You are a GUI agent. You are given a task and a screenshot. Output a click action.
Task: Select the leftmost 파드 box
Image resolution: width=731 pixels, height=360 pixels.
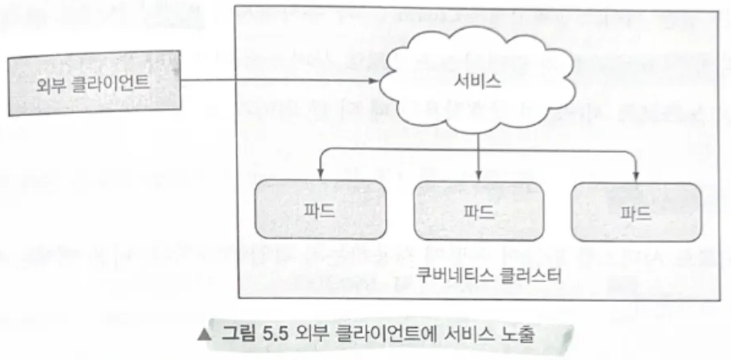[320, 210]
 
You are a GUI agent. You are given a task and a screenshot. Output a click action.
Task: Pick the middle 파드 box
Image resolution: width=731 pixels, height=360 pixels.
[478, 211]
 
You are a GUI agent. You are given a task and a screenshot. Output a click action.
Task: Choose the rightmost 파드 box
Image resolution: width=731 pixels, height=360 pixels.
[636, 212]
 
